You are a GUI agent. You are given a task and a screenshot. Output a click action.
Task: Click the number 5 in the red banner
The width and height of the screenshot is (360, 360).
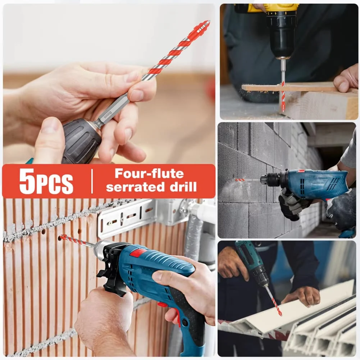tap(28, 181)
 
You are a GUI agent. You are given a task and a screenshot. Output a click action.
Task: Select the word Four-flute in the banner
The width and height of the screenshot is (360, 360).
tap(149, 174)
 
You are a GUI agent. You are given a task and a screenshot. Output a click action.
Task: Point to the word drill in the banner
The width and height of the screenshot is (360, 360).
tap(184, 187)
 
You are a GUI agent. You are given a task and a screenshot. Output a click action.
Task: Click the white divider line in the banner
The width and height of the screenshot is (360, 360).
tap(92, 181)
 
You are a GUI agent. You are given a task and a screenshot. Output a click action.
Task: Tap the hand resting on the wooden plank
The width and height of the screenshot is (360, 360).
tap(346, 78)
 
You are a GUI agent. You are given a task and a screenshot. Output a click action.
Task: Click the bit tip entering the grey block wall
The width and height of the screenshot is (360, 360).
tap(238, 179)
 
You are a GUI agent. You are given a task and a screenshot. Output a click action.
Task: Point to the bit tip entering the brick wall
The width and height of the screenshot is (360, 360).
tap(62, 237)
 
